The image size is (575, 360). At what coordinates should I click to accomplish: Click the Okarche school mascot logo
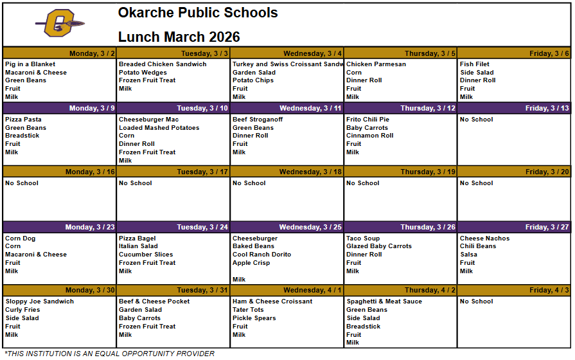point(60,24)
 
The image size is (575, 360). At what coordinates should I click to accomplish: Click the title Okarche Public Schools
point(198,13)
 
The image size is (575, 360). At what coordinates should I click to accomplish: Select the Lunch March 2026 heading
point(179,37)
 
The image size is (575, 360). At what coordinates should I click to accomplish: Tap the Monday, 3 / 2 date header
point(92,53)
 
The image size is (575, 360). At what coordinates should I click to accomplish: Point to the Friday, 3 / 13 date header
point(547,108)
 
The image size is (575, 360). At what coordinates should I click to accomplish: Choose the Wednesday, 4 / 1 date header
point(312,290)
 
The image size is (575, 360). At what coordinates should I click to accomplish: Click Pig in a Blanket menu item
point(30,64)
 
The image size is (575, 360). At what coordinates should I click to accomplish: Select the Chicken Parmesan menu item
point(376,64)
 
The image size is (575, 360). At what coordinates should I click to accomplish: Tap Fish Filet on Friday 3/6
point(475,64)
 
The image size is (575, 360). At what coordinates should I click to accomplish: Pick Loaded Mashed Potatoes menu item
point(159,128)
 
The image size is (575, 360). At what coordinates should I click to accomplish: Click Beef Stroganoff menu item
point(258,120)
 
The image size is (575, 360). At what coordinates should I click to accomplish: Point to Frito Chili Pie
point(367,120)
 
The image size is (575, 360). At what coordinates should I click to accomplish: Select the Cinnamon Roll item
point(369,136)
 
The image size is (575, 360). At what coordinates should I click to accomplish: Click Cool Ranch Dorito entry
point(261,255)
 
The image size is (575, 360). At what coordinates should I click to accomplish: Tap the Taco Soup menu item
point(363,239)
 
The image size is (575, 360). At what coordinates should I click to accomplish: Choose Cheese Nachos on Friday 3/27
point(484,239)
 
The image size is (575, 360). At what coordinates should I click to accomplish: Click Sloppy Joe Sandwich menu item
point(39,301)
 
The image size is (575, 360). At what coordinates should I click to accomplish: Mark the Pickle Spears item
point(254,318)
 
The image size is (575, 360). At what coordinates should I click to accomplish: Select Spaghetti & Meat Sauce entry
point(384,301)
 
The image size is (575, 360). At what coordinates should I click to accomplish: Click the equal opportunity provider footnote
point(109,354)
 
